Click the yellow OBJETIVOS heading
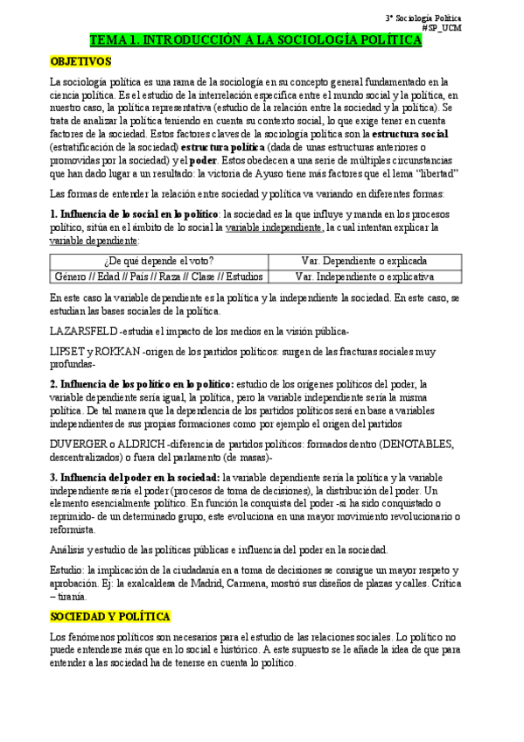pyautogui.click(x=80, y=62)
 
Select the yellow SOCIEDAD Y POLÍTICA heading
pyautogui.click(x=110, y=617)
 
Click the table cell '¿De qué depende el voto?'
pyautogui.click(x=158, y=261)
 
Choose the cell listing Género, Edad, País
pyautogui.click(x=158, y=276)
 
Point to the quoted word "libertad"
pyautogui.click(x=423, y=173)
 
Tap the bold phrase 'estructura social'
pyautogui.click(x=410, y=134)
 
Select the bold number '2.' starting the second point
pyautogui.click(x=53, y=384)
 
